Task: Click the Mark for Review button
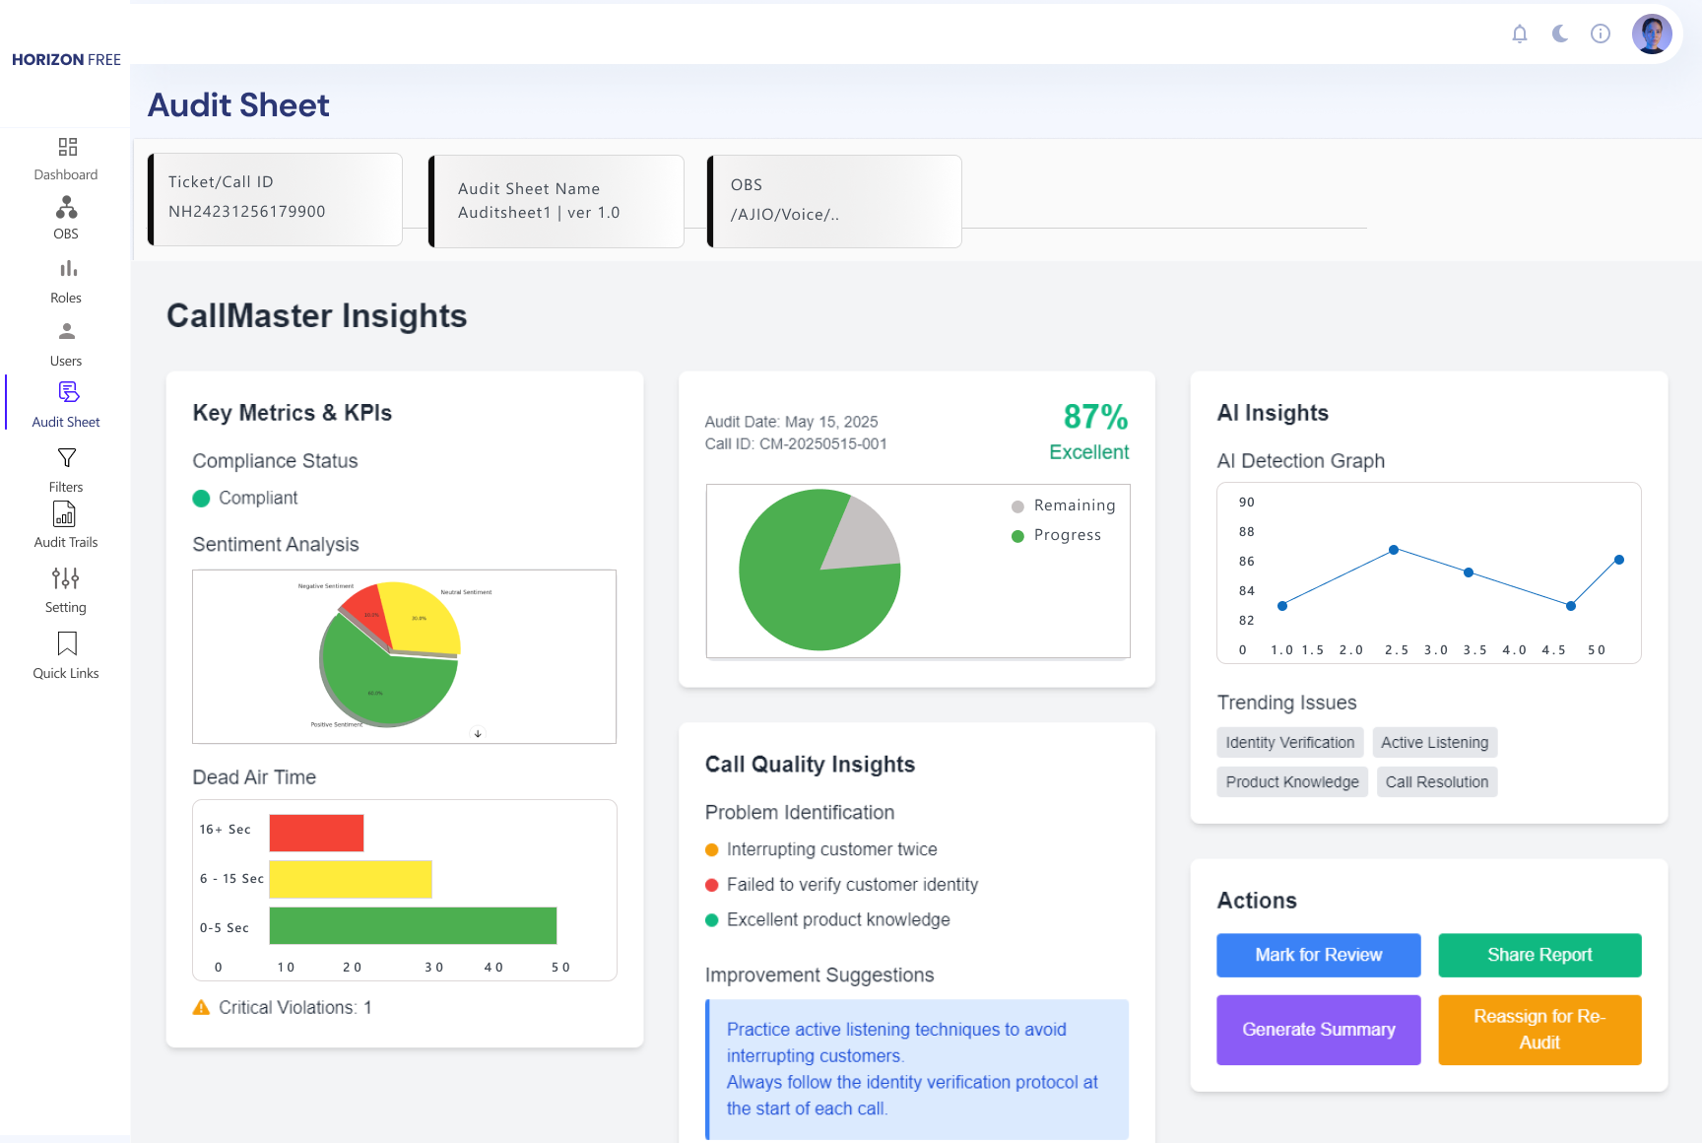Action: tap(1318, 955)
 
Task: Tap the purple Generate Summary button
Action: tap(1318, 1030)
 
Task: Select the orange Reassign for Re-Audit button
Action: tap(1538, 1030)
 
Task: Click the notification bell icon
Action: tap(1520, 34)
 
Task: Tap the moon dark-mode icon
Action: tap(1560, 34)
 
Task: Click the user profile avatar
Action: tap(1652, 34)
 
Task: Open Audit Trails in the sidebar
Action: tap(66, 525)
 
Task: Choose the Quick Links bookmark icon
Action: tap(67, 643)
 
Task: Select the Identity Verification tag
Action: tap(1289, 743)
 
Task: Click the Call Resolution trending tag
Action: tap(1436, 782)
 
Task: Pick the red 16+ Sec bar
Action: tap(316, 833)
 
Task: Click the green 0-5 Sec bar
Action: tap(413, 925)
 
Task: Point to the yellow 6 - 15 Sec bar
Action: tap(350, 879)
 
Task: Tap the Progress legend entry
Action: tap(1067, 535)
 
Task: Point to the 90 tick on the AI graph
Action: tap(1246, 503)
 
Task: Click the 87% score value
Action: tap(1095, 417)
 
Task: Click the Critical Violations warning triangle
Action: tap(201, 1007)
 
